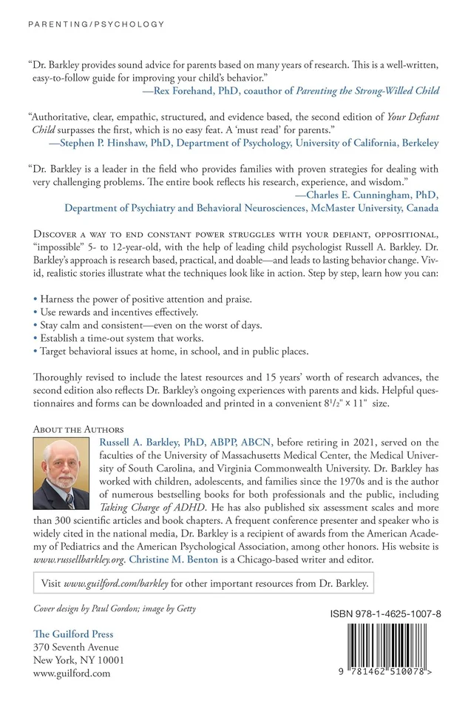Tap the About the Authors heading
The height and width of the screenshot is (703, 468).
[78, 428]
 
